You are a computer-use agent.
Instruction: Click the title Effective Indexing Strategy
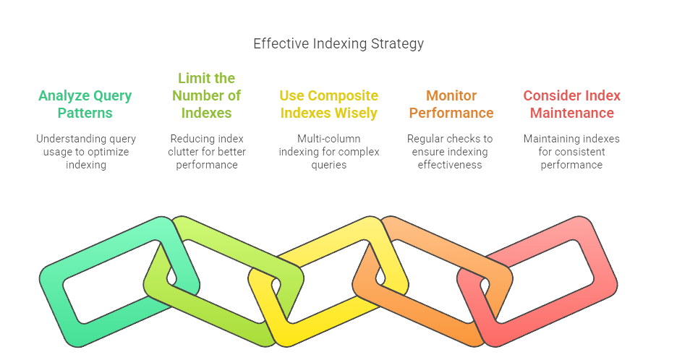(x=338, y=43)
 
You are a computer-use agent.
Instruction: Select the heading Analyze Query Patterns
(x=85, y=104)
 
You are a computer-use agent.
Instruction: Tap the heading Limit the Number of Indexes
(x=207, y=95)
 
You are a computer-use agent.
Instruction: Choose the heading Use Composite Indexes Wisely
(x=328, y=104)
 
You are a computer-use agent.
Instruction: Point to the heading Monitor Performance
(x=451, y=104)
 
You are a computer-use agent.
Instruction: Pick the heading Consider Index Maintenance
(x=571, y=104)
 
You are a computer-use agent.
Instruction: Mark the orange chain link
(x=434, y=318)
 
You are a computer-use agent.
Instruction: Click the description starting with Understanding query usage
(x=85, y=152)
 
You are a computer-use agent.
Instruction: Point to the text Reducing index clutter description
(x=207, y=152)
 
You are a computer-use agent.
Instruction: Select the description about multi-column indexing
(x=328, y=152)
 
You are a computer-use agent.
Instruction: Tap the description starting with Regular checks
(x=451, y=152)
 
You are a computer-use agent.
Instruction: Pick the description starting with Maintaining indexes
(x=571, y=152)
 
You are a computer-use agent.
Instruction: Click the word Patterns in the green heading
(x=85, y=113)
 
